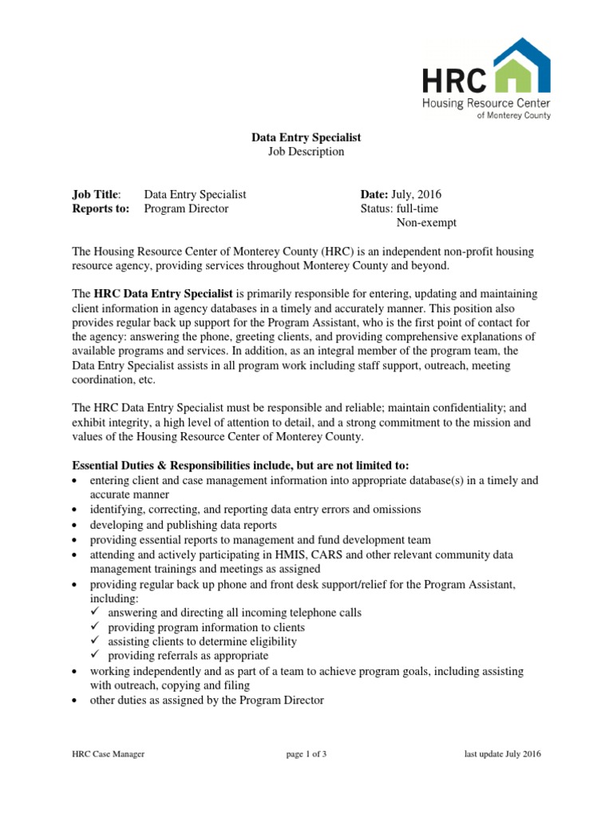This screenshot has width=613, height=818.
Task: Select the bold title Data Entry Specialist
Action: click(306, 137)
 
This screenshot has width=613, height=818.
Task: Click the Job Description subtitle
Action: click(306, 152)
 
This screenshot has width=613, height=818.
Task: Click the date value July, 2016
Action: click(417, 194)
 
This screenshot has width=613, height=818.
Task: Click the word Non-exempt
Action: click(426, 223)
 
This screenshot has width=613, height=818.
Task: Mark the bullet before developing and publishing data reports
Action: click(75, 526)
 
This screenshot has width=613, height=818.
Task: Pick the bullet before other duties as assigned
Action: click(75, 701)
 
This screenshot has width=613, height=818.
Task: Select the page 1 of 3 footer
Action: click(306, 754)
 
